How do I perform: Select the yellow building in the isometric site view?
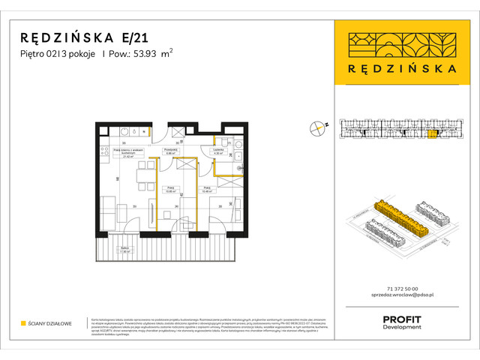pos(398,218)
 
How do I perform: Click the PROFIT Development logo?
pos(403,320)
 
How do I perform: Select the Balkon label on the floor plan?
pos(124,250)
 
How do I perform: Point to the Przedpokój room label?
pos(170,151)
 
